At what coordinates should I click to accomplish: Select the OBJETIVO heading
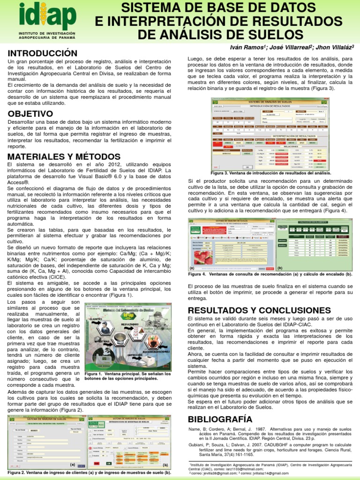[x=30, y=114]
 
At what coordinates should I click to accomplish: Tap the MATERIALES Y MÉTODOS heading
[x=64, y=157]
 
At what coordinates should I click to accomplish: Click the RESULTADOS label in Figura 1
[x=130, y=324]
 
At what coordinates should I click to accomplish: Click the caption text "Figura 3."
[x=221, y=173]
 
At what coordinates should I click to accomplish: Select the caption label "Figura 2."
[x=18, y=472]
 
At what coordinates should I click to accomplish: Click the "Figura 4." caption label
[x=197, y=274]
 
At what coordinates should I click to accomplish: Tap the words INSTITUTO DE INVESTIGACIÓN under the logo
[x=47, y=34]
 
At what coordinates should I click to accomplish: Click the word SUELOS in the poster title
[x=279, y=34]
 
